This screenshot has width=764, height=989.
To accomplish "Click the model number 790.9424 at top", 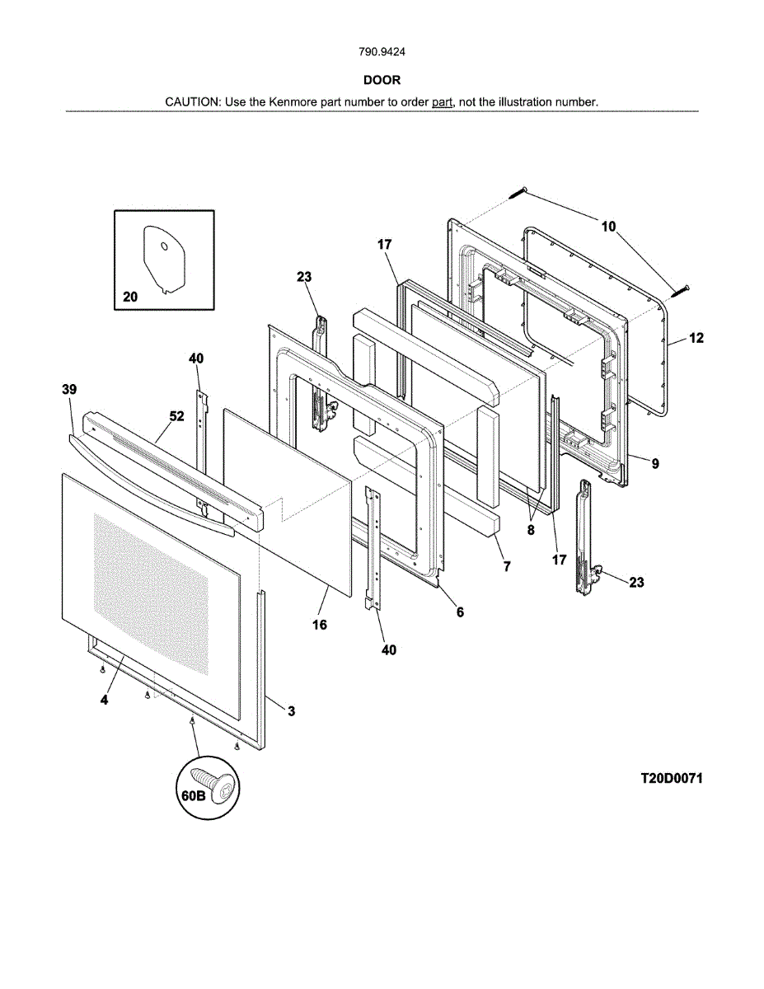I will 382,52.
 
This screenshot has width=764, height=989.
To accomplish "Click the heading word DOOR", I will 382,80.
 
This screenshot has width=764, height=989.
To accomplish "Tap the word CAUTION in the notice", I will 192,102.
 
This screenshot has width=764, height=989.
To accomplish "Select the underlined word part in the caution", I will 443,102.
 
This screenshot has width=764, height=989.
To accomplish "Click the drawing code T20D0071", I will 672,778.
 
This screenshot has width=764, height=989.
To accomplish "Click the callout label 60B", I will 195,796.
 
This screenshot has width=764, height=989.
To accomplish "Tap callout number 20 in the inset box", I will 130,298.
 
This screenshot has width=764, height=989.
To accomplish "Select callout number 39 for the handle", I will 68,388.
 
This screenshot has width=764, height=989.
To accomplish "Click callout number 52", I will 177,417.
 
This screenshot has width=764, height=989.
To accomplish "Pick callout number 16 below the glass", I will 320,625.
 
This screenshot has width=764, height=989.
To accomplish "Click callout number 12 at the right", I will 696,338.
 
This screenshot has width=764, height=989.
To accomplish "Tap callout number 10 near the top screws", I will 608,227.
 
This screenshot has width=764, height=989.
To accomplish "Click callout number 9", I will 655,464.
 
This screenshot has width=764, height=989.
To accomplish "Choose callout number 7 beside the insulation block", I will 507,566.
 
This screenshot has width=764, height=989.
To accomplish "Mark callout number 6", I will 460,612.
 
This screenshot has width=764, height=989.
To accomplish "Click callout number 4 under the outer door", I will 104,700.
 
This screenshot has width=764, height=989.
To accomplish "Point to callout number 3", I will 291,710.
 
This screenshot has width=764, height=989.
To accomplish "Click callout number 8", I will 532,530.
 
